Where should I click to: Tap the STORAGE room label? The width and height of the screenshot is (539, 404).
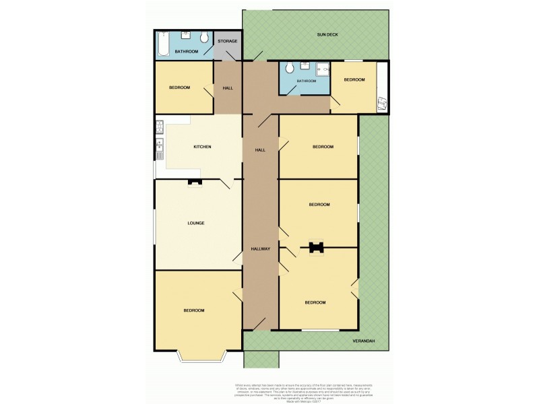click(x=227, y=41)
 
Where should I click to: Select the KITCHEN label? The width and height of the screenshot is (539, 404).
click(x=203, y=147)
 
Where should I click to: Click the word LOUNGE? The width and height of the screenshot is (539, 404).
click(x=196, y=223)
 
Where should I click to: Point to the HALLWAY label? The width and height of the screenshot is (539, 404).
click(x=261, y=249)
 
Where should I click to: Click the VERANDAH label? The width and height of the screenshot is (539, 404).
click(x=364, y=341)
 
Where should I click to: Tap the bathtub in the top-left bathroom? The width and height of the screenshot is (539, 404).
click(x=164, y=46)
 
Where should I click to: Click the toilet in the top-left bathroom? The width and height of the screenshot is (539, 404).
click(x=203, y=37)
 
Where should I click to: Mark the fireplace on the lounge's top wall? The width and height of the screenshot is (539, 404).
click(x=194, y=182)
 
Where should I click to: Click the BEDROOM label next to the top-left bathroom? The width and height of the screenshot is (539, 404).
click(x=179, y=88)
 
